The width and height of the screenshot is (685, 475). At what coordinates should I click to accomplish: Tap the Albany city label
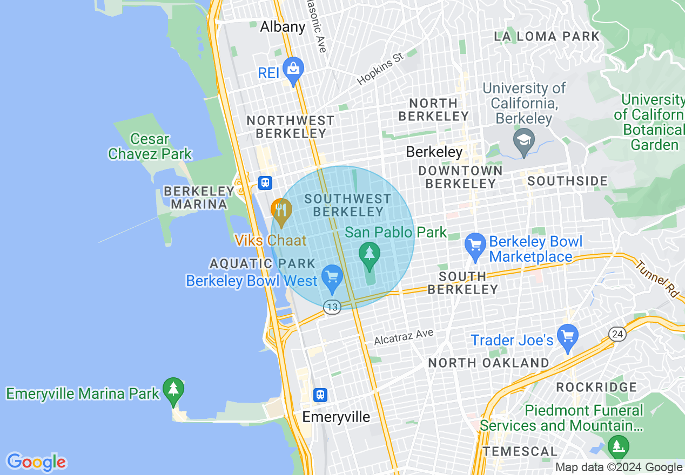click(x=283, y=26)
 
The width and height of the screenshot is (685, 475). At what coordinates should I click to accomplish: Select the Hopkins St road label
click(x=380, y=69)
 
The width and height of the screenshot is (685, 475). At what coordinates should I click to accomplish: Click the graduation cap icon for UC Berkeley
click(x=523, y=140)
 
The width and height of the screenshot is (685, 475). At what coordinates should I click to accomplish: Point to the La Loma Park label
click(x=547, y=37)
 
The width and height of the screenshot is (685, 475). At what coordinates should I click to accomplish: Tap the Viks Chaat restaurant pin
click(x=281, y=211)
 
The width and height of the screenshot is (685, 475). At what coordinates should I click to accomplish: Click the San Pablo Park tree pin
click(x=370, y=254)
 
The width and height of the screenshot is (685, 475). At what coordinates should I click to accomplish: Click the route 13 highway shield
click(x=332, y=307)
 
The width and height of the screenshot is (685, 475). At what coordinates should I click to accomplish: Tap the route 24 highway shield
click(x=617, y=334)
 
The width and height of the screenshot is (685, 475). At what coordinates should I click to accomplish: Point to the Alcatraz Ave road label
click(x=404, y=337)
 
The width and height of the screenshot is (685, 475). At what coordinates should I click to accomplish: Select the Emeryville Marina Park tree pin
click(x=173, y=390)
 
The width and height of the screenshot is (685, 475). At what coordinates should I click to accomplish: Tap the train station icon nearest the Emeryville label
click(x=321, y=395)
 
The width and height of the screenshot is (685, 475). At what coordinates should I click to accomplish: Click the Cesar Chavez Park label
click(x=150, y=146)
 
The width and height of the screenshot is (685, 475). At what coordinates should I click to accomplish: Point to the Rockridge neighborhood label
click(x=596, y=387)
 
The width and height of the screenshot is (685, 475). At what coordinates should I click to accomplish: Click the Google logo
click(x=36, y=462)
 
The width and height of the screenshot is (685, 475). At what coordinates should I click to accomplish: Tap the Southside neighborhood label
click(x=567, y=181)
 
